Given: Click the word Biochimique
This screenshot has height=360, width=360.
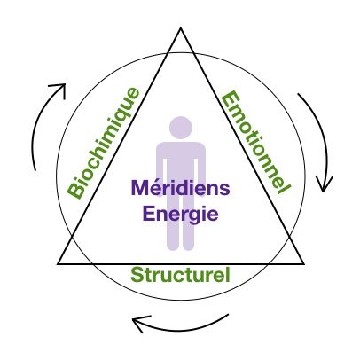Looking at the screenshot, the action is pyautogui.click(x=104, y=144).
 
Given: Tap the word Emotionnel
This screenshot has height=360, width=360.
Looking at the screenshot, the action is pyautogui.click(x=256, y=143).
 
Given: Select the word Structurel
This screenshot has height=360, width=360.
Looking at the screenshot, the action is pyautogui.click(x=180, y=275).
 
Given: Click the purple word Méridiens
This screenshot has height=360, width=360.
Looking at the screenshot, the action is pyautogui.click(x=180, y=188).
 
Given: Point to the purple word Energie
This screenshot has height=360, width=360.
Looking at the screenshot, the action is pyautogui.click(x=181, y=214).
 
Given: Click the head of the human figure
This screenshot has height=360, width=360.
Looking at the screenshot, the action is pyautogui.click(x=181, y=128).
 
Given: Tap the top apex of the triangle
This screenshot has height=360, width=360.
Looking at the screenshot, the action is pyautogui.click(x=181, y=28).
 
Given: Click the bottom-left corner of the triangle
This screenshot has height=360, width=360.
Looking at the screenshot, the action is pyautogui.click(x=59, y=263).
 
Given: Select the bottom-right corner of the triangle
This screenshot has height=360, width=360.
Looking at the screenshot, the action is pyautogui.click(x=303, y=263).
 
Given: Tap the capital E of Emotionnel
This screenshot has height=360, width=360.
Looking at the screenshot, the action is pyautogui.click(x=230, y=100).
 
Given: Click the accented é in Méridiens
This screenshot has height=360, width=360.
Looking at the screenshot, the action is pyautogui.click(x=155, y=188).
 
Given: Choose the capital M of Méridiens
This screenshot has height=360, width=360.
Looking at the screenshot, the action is pyautogui.click(x=140, y=188).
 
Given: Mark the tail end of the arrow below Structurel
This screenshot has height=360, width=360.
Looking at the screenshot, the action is pyautogui.click(x=229, y=315).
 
